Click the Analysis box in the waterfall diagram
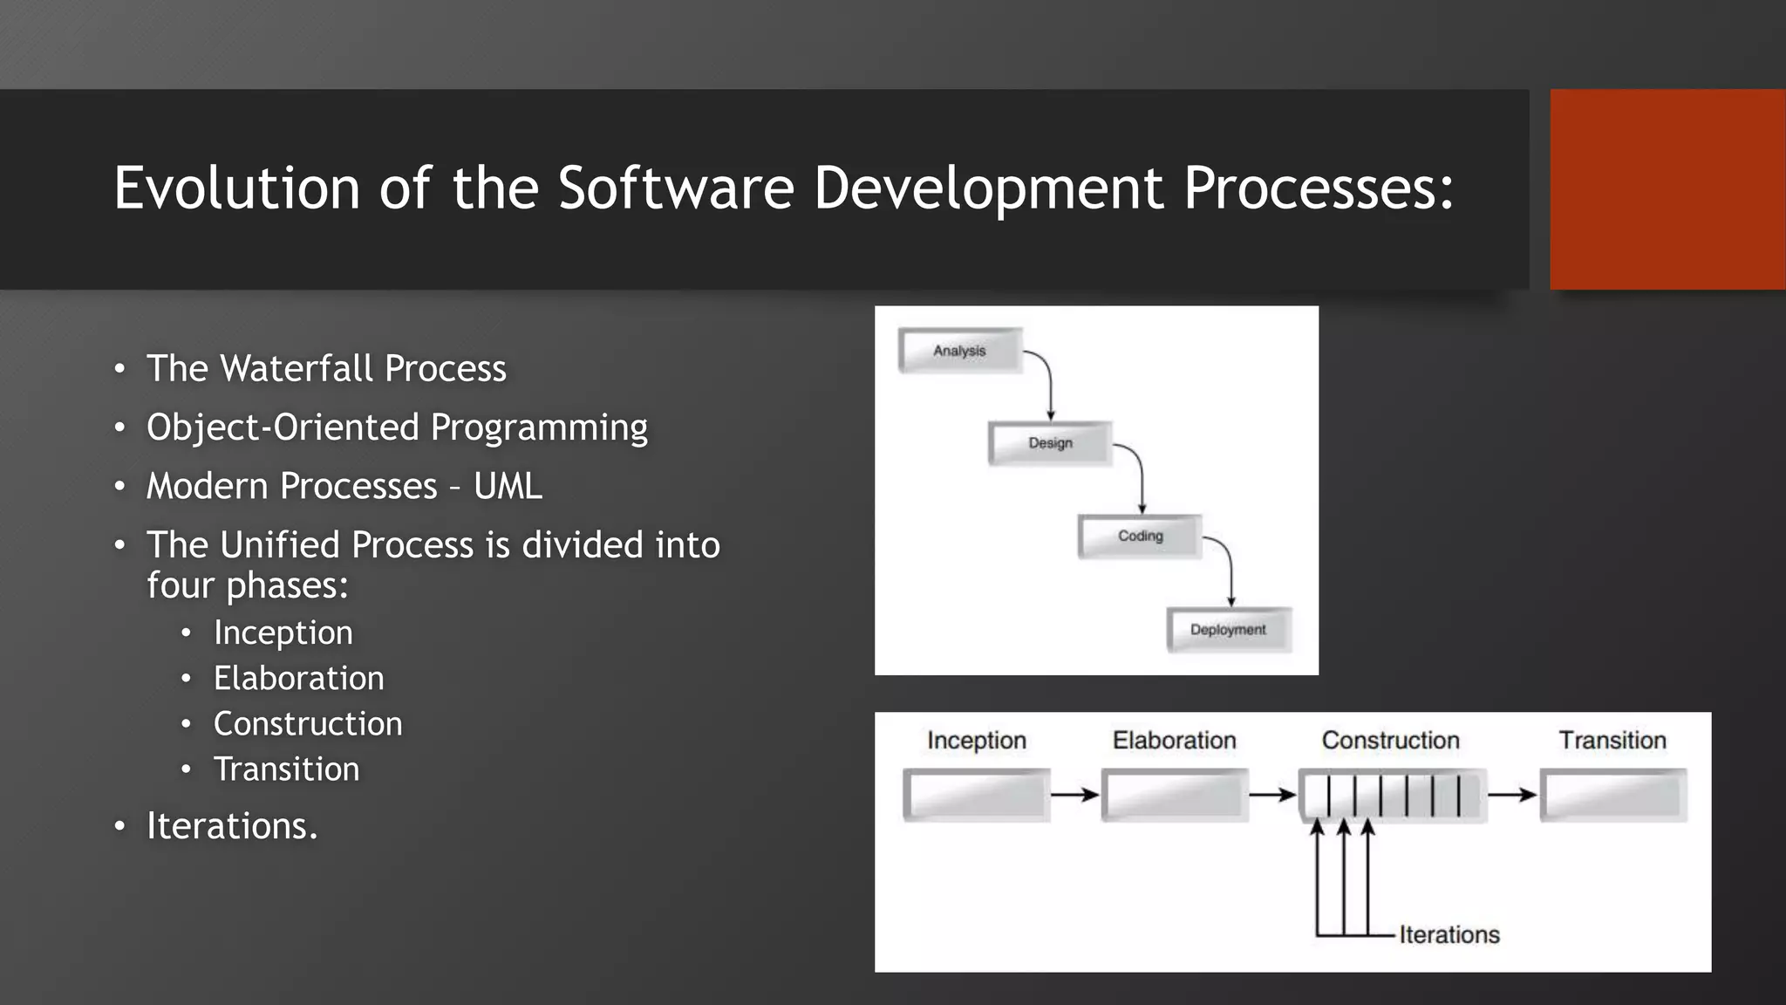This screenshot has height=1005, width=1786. point(959,351)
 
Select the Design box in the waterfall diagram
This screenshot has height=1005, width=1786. point(1050,443)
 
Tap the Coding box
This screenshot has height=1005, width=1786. point(1140,536)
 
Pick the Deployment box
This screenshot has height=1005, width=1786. point(1228,630)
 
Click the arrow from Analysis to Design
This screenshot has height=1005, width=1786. point(1049,384)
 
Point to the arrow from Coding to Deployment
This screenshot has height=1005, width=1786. point(1230,571)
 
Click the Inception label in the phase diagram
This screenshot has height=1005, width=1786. point(976,741)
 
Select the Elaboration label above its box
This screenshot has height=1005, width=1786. point(1174,741)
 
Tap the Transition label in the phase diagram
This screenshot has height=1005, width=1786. point(1612,741)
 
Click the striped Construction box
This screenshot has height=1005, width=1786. point(1392,795)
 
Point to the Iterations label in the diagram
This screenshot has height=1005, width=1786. point(1449,934)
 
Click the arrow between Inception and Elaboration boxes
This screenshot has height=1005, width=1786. point(1074,795)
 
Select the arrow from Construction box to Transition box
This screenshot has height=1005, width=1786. point(1511,795)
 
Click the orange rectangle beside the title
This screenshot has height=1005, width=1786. point(1667,189)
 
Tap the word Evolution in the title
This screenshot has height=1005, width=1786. point(236,188)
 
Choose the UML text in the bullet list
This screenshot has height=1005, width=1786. point(508,486)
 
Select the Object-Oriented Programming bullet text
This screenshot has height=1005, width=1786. point(397,427)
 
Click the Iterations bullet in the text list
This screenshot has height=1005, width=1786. point(232,825)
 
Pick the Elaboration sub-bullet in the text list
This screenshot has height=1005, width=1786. point(298,678)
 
